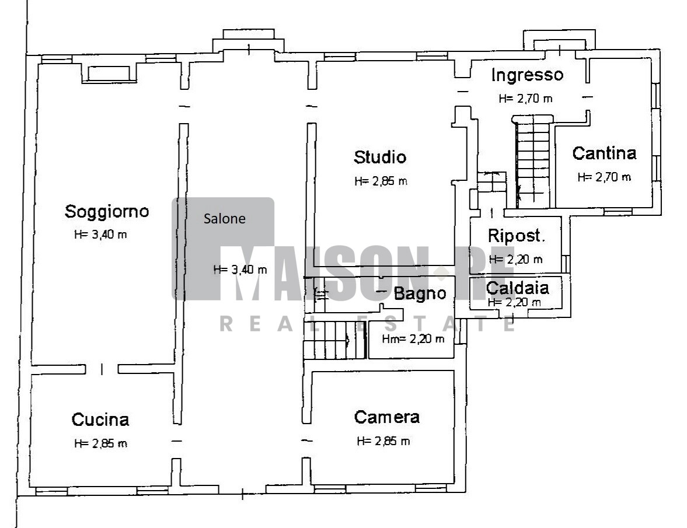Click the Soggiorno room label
click(107, 211)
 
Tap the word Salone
click(224, 218)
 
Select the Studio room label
click(380, 157)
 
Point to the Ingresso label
click(527, 75)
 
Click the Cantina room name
click(604, 153)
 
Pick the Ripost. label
click(516, 236)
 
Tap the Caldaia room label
click(518, 288)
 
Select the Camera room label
click(387, 417)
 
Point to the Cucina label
click(100, 419)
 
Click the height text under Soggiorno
click(100, 235)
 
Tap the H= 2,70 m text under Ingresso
click(526, 99)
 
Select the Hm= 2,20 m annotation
click(413, 339)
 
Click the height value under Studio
click(381, 181)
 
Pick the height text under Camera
click(383, 441)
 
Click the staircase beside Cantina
click(533, 162)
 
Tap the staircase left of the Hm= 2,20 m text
click(334, 340)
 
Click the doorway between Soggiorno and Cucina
click(102, 369)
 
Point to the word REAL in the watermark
click(257, 324)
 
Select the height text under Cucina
click(100, 443)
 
